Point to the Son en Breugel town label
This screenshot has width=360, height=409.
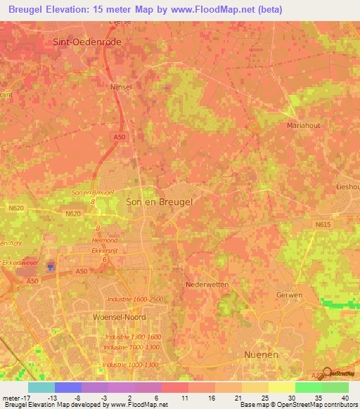click(159, 201)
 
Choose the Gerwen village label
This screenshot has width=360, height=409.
click(289, 294)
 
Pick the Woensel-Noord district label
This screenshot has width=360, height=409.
click(119, 317)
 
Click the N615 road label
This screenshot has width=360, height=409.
click(322, 224)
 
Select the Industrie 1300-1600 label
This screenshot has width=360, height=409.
click(133, 337)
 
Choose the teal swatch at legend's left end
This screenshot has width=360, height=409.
click(41, 387)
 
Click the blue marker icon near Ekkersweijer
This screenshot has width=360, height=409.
click(50, 266)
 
